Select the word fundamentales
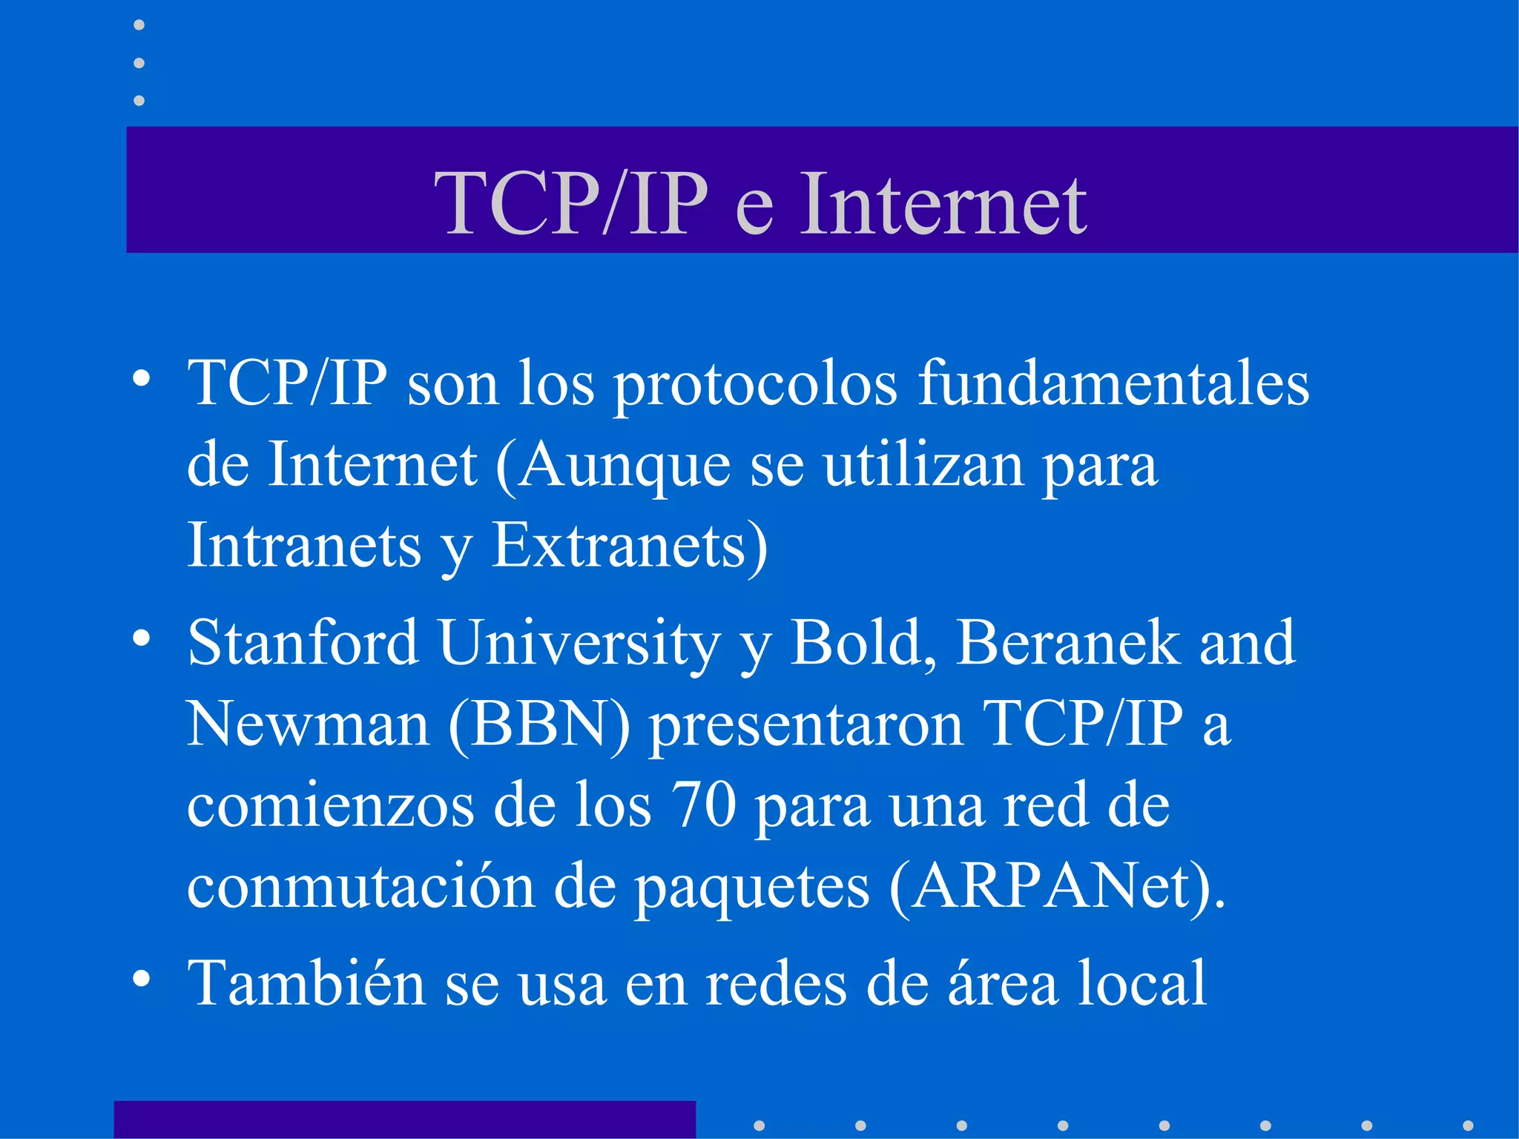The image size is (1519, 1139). tap(1113, 383)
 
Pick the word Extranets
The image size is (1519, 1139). tap(619, 546)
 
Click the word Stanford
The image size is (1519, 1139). tap(303, 642)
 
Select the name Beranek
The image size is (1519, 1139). tap(1067, 642)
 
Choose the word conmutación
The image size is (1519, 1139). tap(360, 887)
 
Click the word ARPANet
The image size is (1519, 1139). tap(1050, 887)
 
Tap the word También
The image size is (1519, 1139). tap(306, 983)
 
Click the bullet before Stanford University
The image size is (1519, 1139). tap(142, 637)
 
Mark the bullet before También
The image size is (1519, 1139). tap(142, 978)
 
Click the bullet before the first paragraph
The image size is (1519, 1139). tap(142, 379)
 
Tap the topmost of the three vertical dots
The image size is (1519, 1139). tap(139, 25)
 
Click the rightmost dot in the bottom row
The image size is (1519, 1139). tap(1468, 1126)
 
